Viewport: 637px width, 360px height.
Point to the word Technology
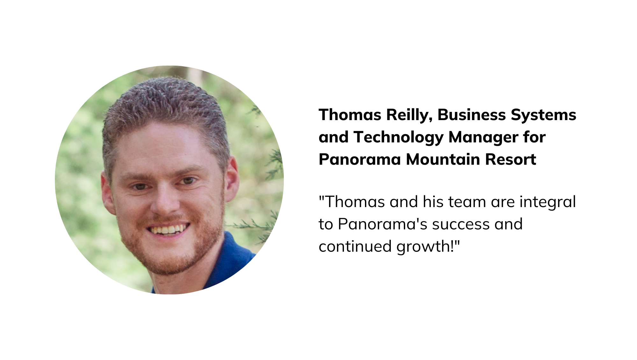point(398,138)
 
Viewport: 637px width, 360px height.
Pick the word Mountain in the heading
point(443,159)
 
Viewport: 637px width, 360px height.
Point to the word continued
point(355,247)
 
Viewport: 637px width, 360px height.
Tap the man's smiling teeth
point(168,229)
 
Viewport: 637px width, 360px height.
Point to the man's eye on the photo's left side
point(139,186)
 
